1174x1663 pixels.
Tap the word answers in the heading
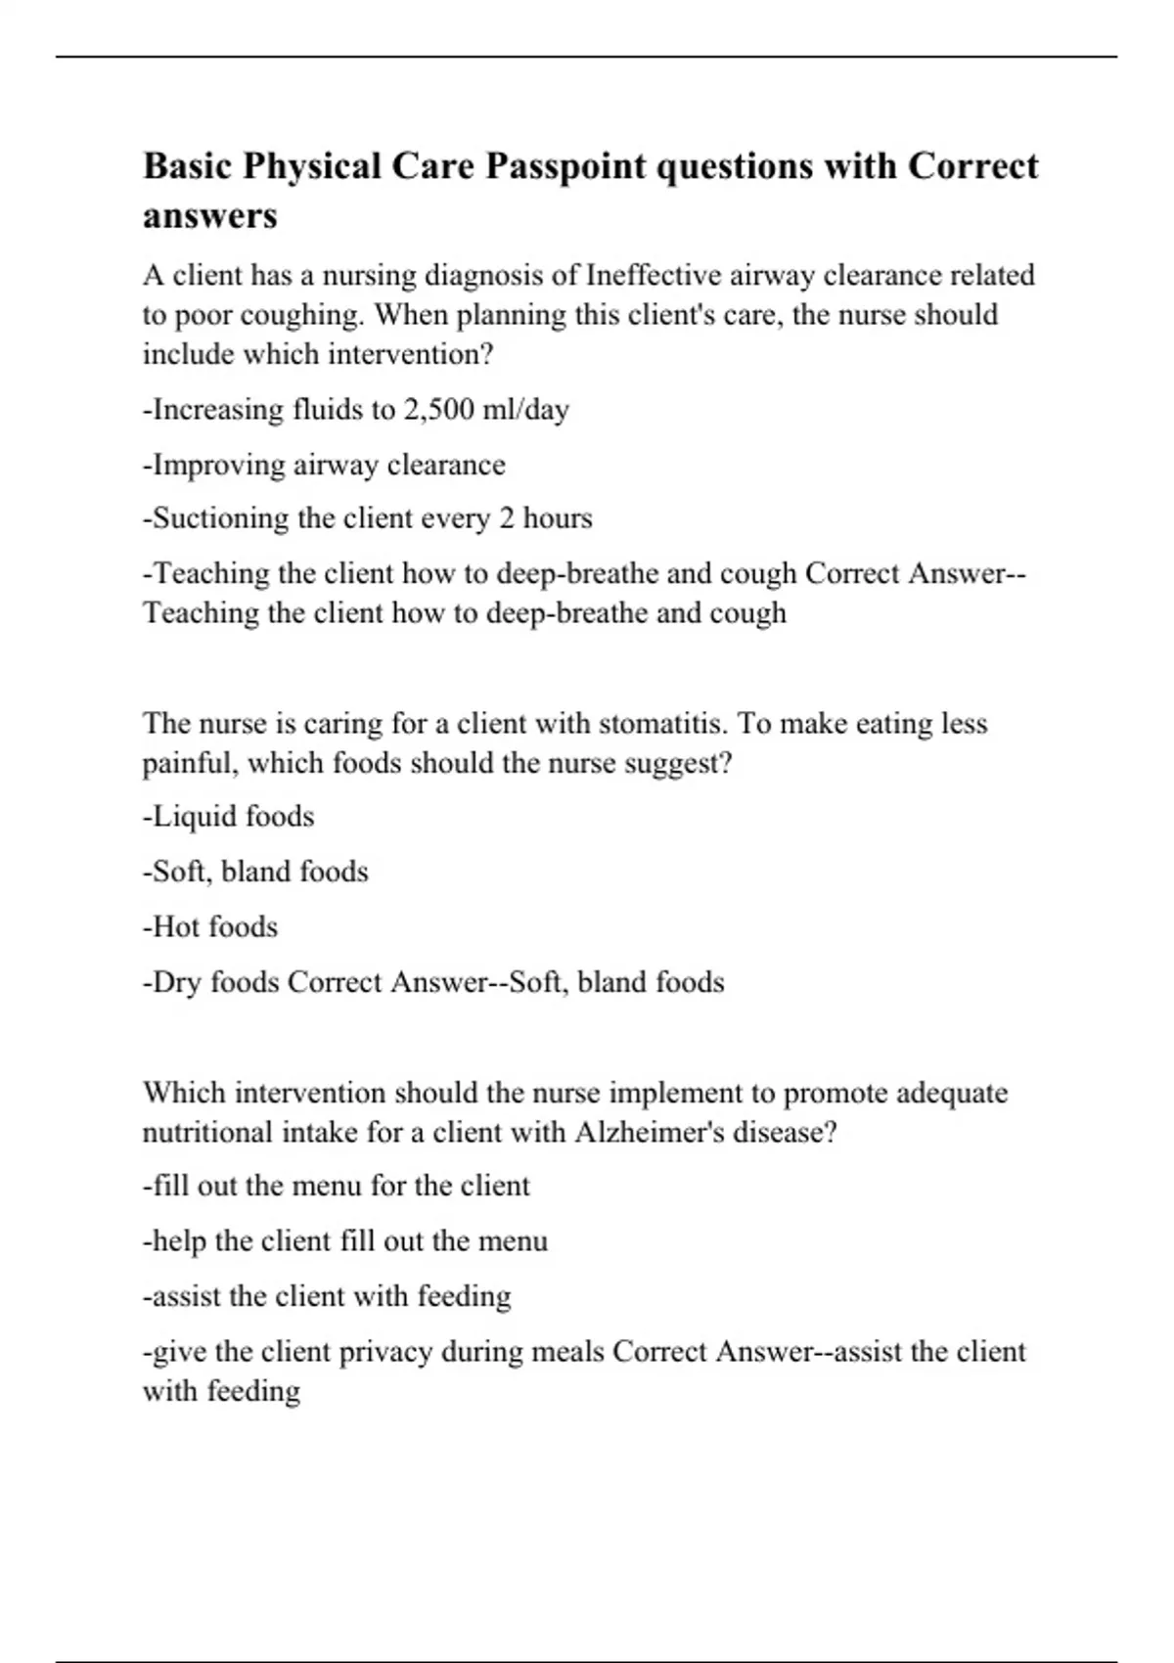(209, 215)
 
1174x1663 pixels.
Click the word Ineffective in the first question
(655, 275)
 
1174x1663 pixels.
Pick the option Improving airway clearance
(324, 464)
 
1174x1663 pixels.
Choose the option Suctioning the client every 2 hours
(368, 517)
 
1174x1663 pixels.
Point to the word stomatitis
(662, 723)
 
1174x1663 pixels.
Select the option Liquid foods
(229, 816)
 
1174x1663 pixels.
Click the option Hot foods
(210, 926)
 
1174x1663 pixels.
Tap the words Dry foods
(210, 981)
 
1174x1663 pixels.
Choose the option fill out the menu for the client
(337, 1186)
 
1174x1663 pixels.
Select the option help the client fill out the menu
(345, 1240)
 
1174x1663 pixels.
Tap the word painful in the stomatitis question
(190, 762)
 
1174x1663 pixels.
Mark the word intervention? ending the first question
(410, 353)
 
